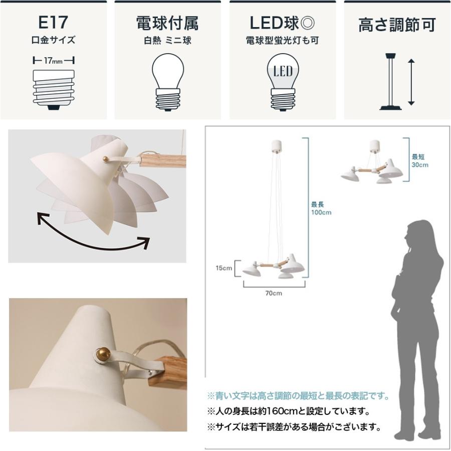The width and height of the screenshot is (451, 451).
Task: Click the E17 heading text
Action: (53, 23)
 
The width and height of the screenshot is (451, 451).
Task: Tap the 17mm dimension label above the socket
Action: (53, 61)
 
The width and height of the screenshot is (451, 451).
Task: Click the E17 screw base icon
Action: (53, 89)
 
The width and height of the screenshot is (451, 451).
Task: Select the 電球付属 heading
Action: (167, 23)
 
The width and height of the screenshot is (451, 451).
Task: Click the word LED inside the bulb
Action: (283, 72)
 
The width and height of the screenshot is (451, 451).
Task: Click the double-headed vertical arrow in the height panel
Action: (411, 82)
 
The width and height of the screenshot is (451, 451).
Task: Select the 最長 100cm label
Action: (321, 208)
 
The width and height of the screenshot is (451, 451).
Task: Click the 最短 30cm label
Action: (420, 160)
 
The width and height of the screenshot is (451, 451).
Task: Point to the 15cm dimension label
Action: (224, 268)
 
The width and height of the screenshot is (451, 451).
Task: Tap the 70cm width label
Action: (274, 293)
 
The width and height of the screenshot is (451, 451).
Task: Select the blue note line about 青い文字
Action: (298, 396)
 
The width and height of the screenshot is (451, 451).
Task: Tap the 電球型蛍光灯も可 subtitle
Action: (282, 41)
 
